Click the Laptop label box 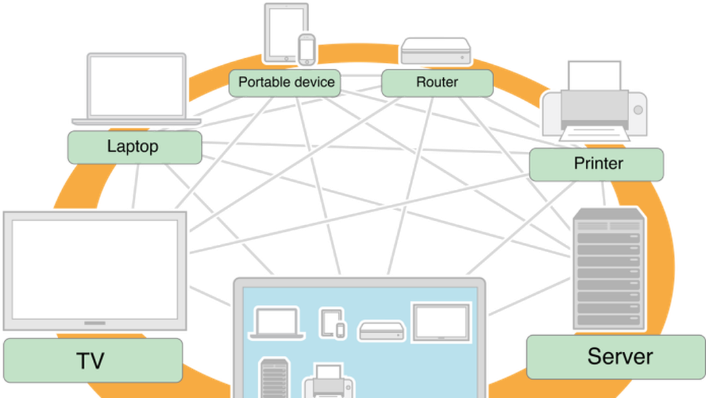coord(134,147)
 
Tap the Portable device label coord(286,82)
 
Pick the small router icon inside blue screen coord(382,330)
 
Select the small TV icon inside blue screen coord(441,322)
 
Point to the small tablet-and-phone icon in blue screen coord(333,323)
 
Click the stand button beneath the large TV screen coord(95,323)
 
